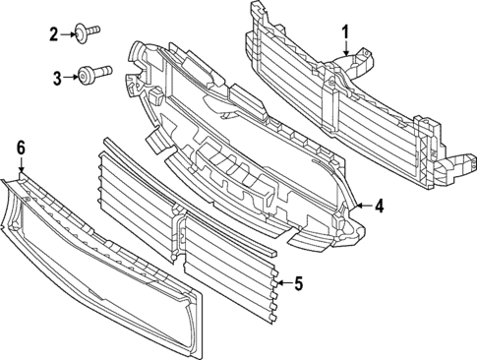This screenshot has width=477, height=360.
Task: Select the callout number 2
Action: pos(55,35)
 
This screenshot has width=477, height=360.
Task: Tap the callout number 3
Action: pos(58,76)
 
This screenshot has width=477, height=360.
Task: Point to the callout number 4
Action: pos(379,206)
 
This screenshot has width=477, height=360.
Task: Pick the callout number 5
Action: pos(298,284)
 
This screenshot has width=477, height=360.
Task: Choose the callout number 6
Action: pos(20,148)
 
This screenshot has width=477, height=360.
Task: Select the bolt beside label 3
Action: pos(92,74)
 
